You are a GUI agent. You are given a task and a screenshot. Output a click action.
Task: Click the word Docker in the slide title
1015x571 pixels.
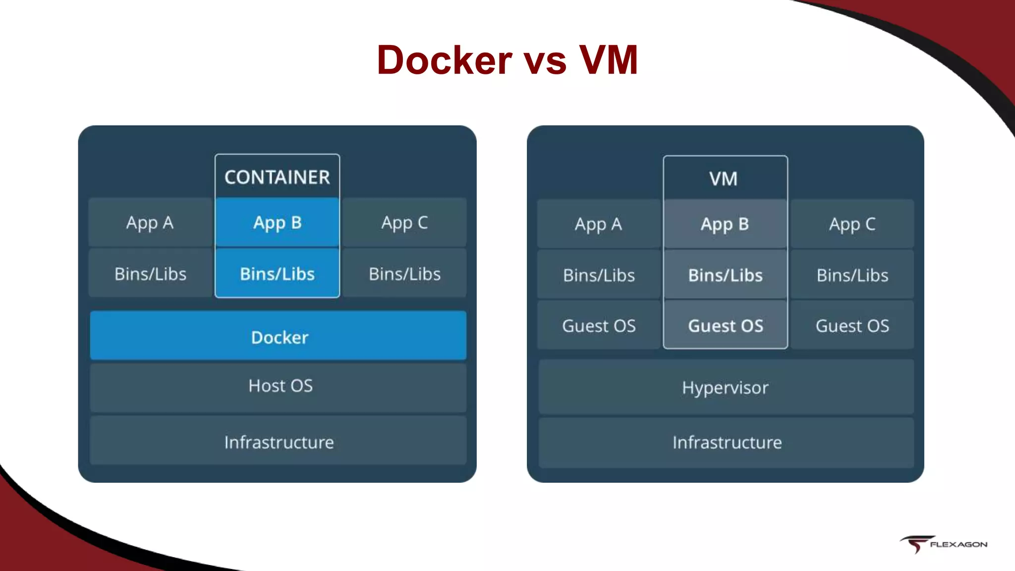[444, 60]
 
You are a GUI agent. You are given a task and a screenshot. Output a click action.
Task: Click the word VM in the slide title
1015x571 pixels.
[609, 60]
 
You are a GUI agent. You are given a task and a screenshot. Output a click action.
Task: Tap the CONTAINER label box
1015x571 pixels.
[277, 177]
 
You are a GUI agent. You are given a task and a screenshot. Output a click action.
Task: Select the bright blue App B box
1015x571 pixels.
[277, 223]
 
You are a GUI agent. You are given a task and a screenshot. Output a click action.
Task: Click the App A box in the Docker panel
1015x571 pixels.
[150, 223]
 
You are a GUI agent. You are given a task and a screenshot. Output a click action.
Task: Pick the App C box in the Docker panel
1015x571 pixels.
[404, 223]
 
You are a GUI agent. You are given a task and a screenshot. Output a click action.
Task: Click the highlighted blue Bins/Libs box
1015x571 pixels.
[277, 274]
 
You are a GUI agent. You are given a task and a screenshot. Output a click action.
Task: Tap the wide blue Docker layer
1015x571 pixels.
[278, 337]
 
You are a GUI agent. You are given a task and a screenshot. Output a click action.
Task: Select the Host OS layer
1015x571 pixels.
[278, 386]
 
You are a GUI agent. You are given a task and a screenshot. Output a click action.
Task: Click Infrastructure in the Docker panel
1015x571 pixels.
[278, 442]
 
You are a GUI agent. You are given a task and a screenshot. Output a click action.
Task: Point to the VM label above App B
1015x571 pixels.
[724, 178]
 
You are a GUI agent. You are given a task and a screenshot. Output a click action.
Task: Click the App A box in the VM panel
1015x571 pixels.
[598, 224]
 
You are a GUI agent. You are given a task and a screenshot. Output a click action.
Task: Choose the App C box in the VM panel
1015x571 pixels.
[852, 224]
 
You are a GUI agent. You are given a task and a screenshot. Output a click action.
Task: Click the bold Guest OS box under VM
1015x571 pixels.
[726, 326]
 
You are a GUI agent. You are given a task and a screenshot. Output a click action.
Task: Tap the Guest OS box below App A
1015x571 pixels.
[598, 326]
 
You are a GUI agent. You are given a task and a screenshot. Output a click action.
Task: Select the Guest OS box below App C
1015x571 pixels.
[852, 326]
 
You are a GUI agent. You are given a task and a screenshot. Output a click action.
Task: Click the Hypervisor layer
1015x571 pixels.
[726, 388]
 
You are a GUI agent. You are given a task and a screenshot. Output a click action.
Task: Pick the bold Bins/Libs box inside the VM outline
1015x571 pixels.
[726, 275]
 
